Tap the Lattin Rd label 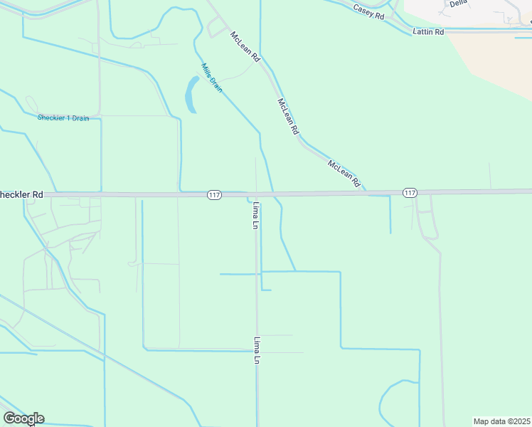428,32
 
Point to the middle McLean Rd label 287,117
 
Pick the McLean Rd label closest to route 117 344,174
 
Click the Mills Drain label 211,78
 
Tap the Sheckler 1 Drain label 63,118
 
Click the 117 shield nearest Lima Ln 214,194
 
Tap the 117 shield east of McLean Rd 410,193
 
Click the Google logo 23,418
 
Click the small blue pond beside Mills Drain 191,95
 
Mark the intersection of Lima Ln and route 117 256,194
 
